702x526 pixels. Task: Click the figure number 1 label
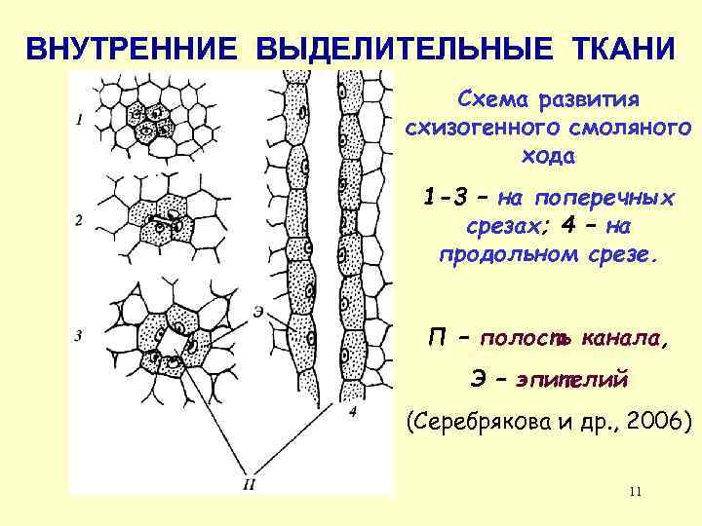tap(79, 120)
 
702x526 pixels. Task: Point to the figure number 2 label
tap(78, 221)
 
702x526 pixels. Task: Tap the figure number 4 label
tap(352, 415)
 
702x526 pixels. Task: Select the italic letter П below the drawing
tap(251, 484)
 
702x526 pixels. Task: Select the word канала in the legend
tap(625, 339)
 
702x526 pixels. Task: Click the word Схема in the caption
tap(490, 101)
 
